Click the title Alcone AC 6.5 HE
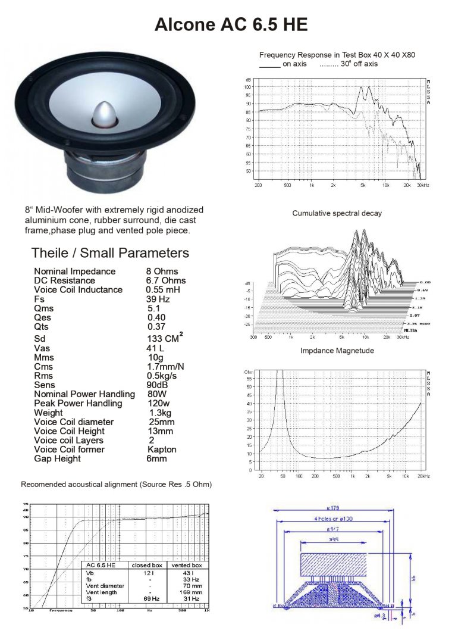click(x=231, y=24)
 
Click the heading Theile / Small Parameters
click(x=110, y=252)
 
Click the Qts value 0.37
click(x=157, y=327)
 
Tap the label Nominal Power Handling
click(x=84, y=394)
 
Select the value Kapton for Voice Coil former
click(x=162, y=450)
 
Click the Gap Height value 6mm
click(x=158, y=459)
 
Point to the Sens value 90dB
click(x=158, y=385)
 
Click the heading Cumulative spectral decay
click(x=337, y=213)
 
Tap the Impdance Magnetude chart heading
click(x=337, y=351)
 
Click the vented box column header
click(x=187, y=565)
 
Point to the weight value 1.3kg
click(x=161, y=413)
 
